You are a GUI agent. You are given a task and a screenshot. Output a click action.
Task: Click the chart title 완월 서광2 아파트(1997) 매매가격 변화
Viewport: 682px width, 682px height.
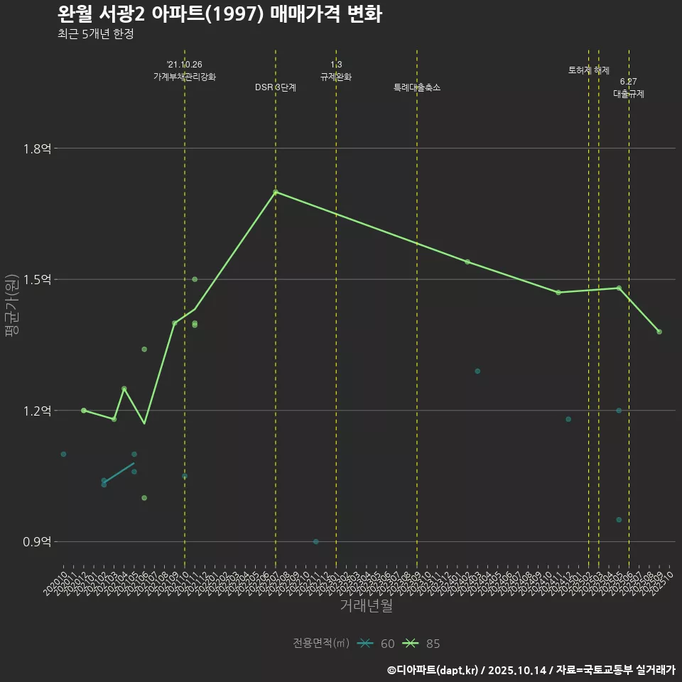click(219, 14)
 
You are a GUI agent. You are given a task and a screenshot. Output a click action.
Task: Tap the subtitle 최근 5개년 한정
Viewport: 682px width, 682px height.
click(95, 34)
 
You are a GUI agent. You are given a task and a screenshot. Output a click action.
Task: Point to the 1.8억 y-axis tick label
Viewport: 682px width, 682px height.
click(37, 148)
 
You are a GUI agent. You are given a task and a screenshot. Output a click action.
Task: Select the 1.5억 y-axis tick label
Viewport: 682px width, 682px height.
click(37, 279)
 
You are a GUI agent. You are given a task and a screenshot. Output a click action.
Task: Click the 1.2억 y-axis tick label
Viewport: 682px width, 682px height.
click(37, 411)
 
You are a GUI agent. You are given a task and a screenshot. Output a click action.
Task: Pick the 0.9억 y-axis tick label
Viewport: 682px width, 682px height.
click(37, 541)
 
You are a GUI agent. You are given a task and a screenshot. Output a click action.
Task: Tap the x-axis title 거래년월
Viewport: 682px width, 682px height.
click(366, 606)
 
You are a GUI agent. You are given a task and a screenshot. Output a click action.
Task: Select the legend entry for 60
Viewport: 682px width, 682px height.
click(377, 644)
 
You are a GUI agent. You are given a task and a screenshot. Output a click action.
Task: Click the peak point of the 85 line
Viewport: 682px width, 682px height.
click(276, 192)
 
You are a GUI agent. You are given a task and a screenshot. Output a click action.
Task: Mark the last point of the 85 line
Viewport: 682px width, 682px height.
click(659, 332)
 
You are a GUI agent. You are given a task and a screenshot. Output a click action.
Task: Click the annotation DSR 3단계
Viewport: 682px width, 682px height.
click(276, 87)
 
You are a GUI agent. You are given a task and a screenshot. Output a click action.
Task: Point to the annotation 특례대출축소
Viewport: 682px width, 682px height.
click(417, 87)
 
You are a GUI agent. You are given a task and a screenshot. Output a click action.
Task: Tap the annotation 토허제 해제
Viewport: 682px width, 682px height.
click(589, 70)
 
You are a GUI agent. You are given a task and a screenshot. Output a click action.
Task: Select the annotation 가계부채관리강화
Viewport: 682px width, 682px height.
click(185, 76)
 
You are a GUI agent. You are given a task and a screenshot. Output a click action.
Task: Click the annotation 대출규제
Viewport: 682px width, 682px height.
click(629, 94)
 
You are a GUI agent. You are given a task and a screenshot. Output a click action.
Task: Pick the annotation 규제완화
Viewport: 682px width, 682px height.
click(336, 76)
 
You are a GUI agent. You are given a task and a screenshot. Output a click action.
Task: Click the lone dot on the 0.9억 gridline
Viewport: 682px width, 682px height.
click(316, 541)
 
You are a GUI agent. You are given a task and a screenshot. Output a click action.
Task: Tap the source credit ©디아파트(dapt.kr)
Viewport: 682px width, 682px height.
click(434, 670)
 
